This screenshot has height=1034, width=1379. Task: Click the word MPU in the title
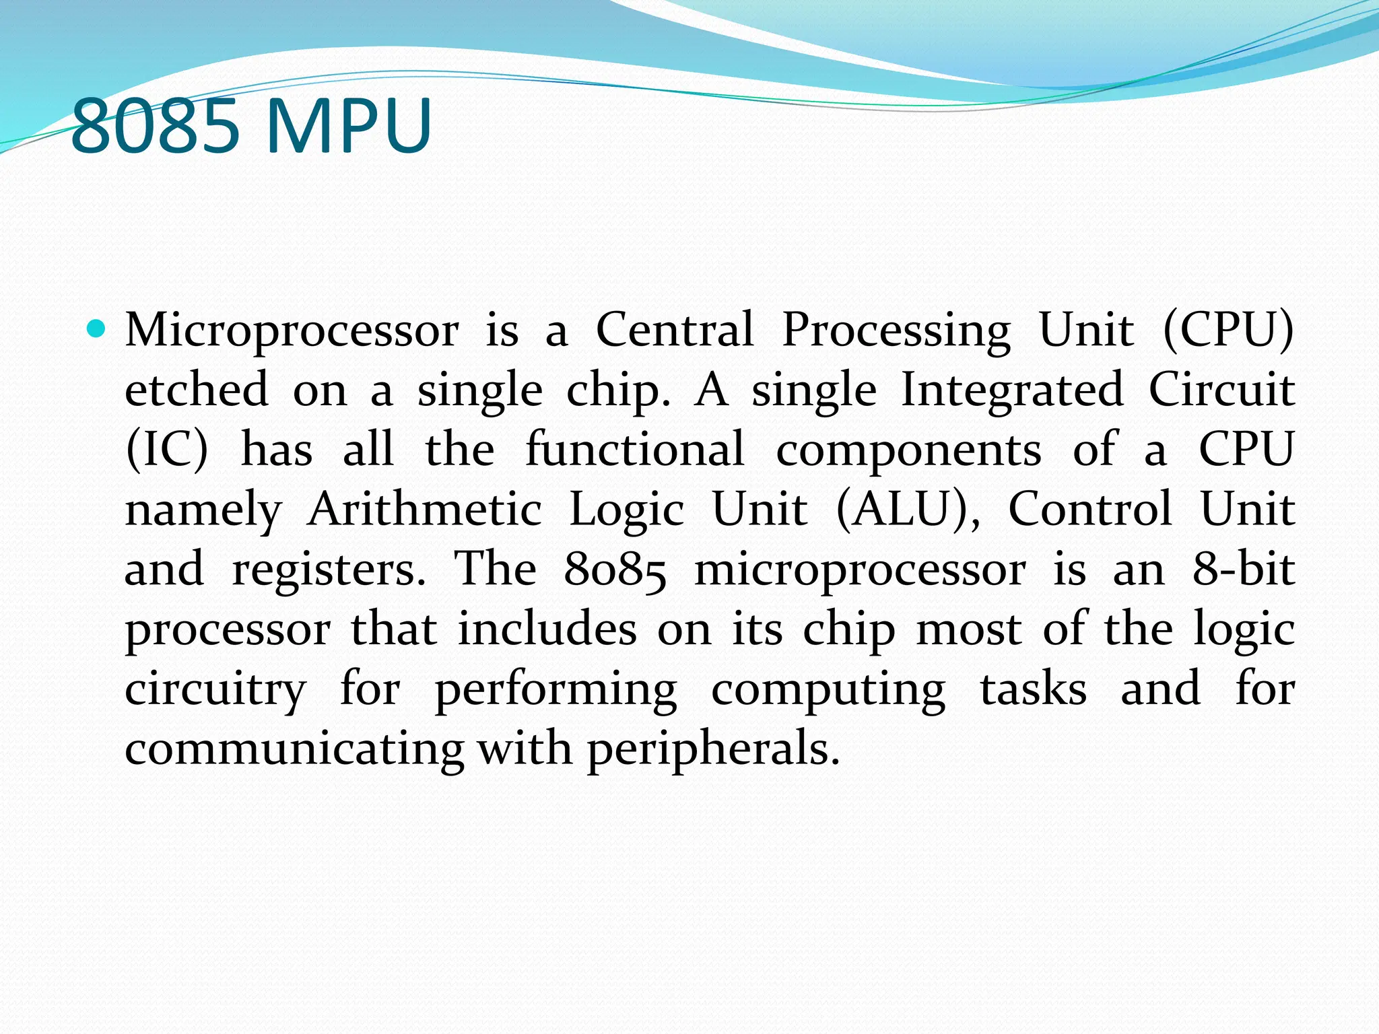(x=349, y=126)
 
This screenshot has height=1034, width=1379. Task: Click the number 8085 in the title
(x=155, y=126)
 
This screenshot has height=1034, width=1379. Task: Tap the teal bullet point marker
(x=97, y=329)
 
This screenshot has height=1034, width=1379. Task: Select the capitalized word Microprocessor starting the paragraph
(x=292, y=330)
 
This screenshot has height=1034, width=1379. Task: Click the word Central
(x=675, y=330)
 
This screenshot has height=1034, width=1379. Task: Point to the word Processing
(x=896, y=331)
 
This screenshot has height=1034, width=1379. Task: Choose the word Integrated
(x=1011, y=390)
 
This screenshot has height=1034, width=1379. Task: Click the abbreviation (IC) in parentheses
(x=167, y=449)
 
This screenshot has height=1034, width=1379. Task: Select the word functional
(x=635, y=449)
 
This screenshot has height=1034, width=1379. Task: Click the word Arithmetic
(x=425, y=509)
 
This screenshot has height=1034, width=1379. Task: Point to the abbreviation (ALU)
(x=908, y=509)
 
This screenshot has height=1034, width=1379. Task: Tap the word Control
(x=1090, y=509)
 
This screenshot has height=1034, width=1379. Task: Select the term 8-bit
(x=1244, y=569)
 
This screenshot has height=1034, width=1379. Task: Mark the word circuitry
(x=215, y=689)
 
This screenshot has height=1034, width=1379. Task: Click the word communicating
(x=294, y=749)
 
